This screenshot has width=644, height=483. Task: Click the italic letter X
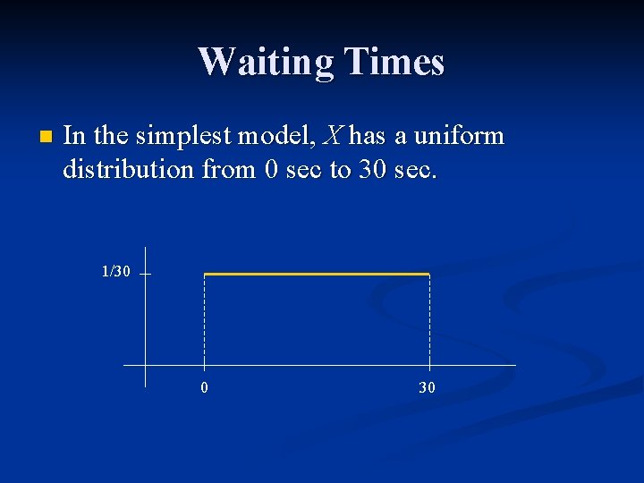332,137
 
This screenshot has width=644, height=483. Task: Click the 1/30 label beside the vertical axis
115,271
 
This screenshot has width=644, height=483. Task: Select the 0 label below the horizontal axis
205,388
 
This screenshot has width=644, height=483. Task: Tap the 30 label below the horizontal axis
428,388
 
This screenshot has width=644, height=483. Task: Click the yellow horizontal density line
317,274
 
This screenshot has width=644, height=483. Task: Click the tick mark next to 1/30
145,275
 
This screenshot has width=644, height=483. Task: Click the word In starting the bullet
75,137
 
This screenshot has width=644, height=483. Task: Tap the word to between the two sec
340,169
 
